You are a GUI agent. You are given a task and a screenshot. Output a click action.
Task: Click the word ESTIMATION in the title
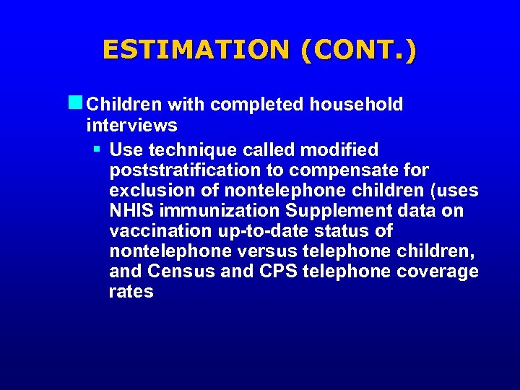(194, 50)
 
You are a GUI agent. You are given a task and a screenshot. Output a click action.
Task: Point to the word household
(356, 105)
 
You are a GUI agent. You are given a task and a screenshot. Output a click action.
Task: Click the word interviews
(131, 126)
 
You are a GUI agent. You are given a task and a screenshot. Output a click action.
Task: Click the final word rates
(131, 292)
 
